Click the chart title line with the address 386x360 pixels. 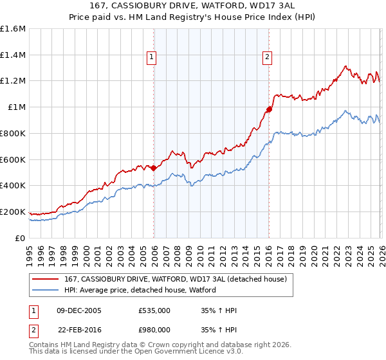[x=192, y=6]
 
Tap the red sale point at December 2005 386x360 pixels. [x=153, y=168]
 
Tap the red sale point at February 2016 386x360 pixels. [x=269, y=109]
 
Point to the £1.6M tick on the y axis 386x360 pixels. [x=13, y=29]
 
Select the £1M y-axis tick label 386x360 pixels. [x=17, y=107]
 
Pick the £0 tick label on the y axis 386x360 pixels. [x=19, y=238]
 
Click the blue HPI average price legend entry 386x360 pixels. [x=140, y=290]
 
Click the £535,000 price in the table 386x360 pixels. [x=154, y=310]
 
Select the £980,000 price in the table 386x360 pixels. [x=154, y=329]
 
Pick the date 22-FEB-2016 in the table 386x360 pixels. [x=79, y=329]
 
